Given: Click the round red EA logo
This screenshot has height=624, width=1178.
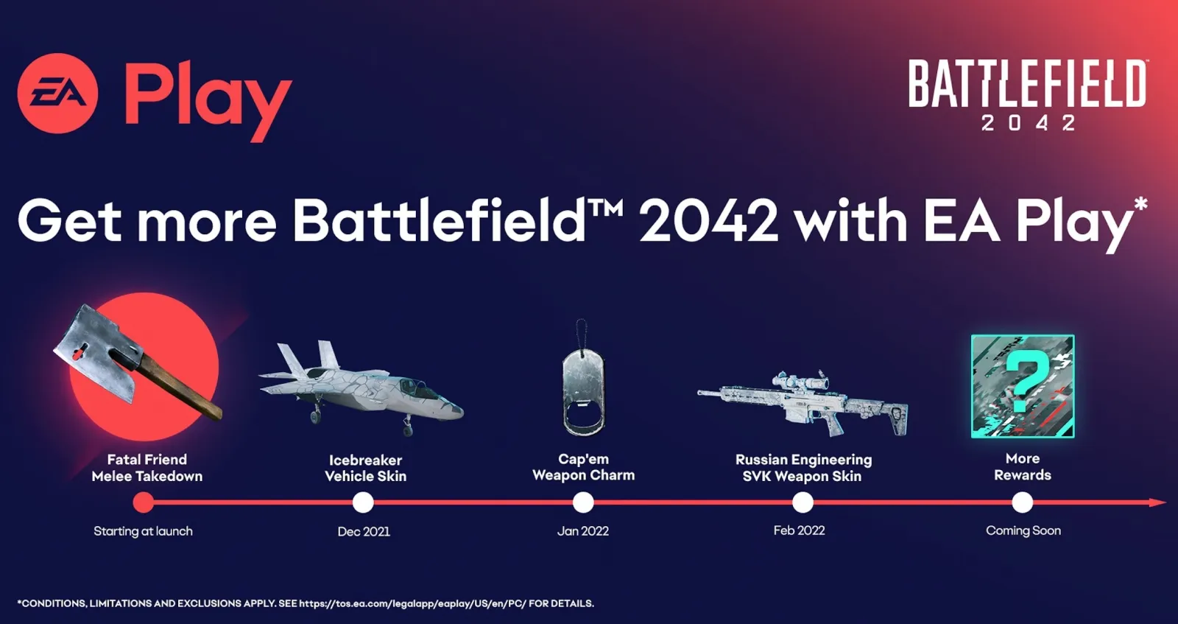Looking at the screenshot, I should [x=57, y=94].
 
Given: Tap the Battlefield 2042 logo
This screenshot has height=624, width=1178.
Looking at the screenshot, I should [x=1027, y=94].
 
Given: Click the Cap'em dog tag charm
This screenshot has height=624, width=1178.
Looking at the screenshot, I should [x=583, y=390].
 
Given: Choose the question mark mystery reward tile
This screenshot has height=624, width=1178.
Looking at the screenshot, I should [x=1023, y=386].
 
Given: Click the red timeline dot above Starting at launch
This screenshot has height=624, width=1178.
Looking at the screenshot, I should [x=144, y=502].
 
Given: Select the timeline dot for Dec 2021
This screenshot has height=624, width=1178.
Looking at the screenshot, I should [x=363, y=502].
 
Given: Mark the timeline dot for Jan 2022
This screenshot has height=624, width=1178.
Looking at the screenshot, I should [x=583, y=502].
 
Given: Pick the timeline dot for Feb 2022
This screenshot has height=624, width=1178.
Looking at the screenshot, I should [x=803, y=502].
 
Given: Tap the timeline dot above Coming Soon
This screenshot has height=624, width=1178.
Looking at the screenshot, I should [x=1022, y=502].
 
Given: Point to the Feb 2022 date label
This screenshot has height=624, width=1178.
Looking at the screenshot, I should [x=799, y=530].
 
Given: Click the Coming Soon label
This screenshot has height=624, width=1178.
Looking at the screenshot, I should [x=1023, y=530].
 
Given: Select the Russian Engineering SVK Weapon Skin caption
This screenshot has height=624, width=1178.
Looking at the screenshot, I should [x=803, y=468].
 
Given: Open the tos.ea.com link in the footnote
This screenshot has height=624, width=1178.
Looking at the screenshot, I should [x=412, y=603].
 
